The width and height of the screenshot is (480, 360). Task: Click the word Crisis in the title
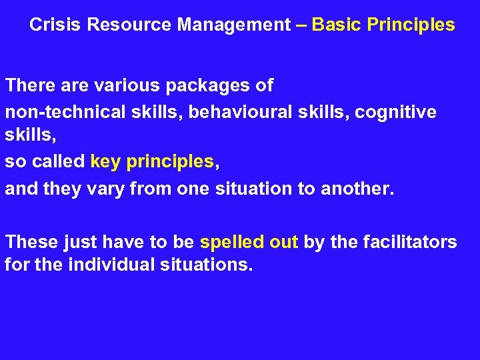pyautogui.click(x=55, y=25)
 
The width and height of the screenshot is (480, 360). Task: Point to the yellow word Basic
pyautogui.click(x=336, y=25)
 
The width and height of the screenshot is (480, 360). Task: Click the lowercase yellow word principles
pyautogui.click(x=170, y=162)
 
